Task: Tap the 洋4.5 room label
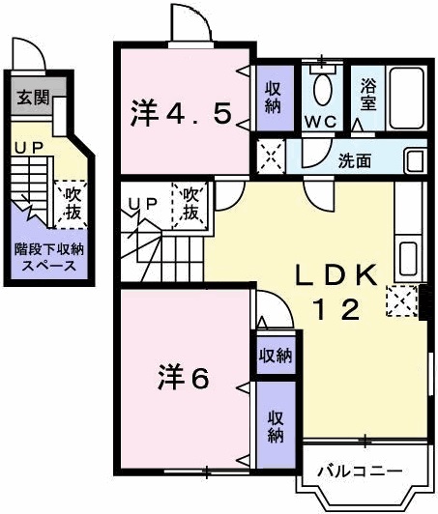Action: (x=181, y=114)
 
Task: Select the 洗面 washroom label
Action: (x=354, y=160)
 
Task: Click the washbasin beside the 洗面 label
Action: (x=414, y=160)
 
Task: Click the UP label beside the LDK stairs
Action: (x=142, y=203)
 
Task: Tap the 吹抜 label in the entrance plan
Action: (x=71, y=203)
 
